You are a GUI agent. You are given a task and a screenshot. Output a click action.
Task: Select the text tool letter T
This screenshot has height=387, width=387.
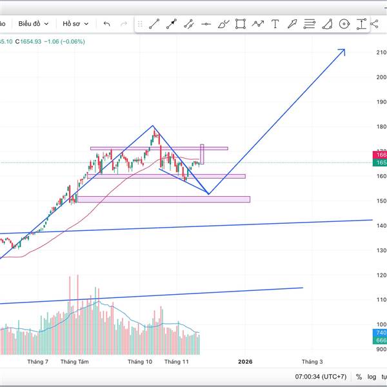pyautogui.click(x=275, y=25)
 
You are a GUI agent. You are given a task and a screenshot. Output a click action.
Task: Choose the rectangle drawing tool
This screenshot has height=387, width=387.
pyautogui.click(x=241, y=25)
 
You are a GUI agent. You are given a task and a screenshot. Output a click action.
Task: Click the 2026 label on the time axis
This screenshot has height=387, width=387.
pyautogui.click(x=245, y=362)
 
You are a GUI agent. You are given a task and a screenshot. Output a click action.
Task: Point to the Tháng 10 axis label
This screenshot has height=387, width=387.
pyautogui.click(x=140, y=362)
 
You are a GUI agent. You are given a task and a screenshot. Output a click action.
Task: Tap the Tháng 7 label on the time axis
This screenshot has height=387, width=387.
pyautogui.click(x=38, y=362)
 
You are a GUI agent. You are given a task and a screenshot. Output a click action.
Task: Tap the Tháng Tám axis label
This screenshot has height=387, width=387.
pyautogui.click(x=74, y=362)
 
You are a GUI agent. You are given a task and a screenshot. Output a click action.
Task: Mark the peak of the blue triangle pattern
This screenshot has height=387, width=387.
pyautogui.click(x=153, y=126)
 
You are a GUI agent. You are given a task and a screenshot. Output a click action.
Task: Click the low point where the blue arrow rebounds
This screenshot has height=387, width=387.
pyautogui.click(x=208, y=193)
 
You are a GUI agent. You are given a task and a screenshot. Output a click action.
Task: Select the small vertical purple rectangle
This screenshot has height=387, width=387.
pyautogui.click(x=202, y=154)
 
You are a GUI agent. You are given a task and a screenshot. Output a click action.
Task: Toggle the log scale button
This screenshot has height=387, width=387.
pyautogui.click(x=372, y=377)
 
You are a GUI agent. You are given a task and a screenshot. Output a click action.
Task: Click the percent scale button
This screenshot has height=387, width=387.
pyautogui.click(x=358, y=377)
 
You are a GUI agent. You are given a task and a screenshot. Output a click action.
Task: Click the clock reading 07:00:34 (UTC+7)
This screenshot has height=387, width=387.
pyautogui.click(x=321, y=377)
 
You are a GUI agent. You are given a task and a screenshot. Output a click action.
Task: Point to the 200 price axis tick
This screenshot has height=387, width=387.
pyautogui.click(x=381, y=77)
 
